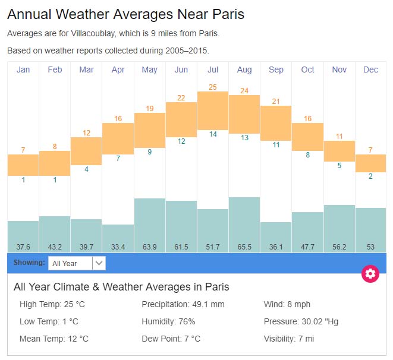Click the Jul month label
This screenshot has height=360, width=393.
tap(213, 70)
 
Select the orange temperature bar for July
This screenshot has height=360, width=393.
tap(213, 110)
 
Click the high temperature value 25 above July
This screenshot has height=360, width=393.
tap(213, 87)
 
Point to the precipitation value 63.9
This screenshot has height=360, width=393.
tap(150, 247)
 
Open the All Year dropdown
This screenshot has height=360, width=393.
tap(77, 263)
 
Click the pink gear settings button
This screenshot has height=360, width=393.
tap(370, 273)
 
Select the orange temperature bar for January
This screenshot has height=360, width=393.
tap(23, 165)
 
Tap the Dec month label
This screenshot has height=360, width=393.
tap(370, 70)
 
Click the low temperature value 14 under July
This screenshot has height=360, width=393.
tap(213, 134)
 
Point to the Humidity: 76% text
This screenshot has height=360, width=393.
tap(168, 321)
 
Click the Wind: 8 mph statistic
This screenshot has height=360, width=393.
tap(287, 304)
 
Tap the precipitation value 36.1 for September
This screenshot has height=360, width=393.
tap(276, 247)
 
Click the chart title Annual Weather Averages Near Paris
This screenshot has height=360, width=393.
tap(125, 14)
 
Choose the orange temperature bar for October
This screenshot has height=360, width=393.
tap(307, 136)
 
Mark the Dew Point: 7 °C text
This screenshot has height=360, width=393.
tap(171, 339)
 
